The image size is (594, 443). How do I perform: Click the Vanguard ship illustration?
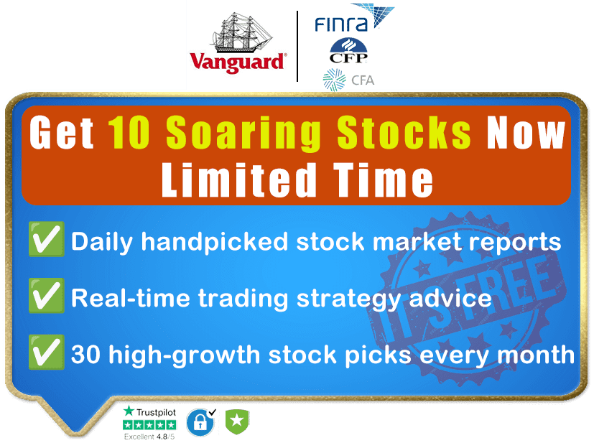click(x=242, y=32)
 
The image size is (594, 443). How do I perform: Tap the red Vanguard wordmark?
click(x=238, y=62)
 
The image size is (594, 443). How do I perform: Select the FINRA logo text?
click(x=341, y=25)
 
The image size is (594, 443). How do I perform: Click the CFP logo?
click(x=348, y=51)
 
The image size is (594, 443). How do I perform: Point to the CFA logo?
click(x=348, y=80)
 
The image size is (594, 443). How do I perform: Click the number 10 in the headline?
click(x=129, y=133)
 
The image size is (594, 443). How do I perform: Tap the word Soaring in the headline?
click(x=243, y=134)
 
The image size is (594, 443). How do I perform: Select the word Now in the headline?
click(x=526, y=133)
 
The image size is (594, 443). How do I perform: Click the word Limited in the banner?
click(x=239, y=179)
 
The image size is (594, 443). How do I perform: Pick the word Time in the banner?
click(x=383, y=179)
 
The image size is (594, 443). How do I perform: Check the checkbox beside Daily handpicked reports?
click(x=46, y=239)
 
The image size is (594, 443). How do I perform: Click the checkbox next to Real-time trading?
click(x=46, y=295)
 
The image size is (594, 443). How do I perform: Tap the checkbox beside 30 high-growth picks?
click(x=46, y=352)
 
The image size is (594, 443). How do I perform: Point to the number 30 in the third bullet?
click(x=86, y=355)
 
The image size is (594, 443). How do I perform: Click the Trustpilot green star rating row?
click(x=149, y=425)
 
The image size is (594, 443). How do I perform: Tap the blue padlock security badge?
click(x=200, y=421)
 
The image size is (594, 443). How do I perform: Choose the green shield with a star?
click(x=237, y=421)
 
